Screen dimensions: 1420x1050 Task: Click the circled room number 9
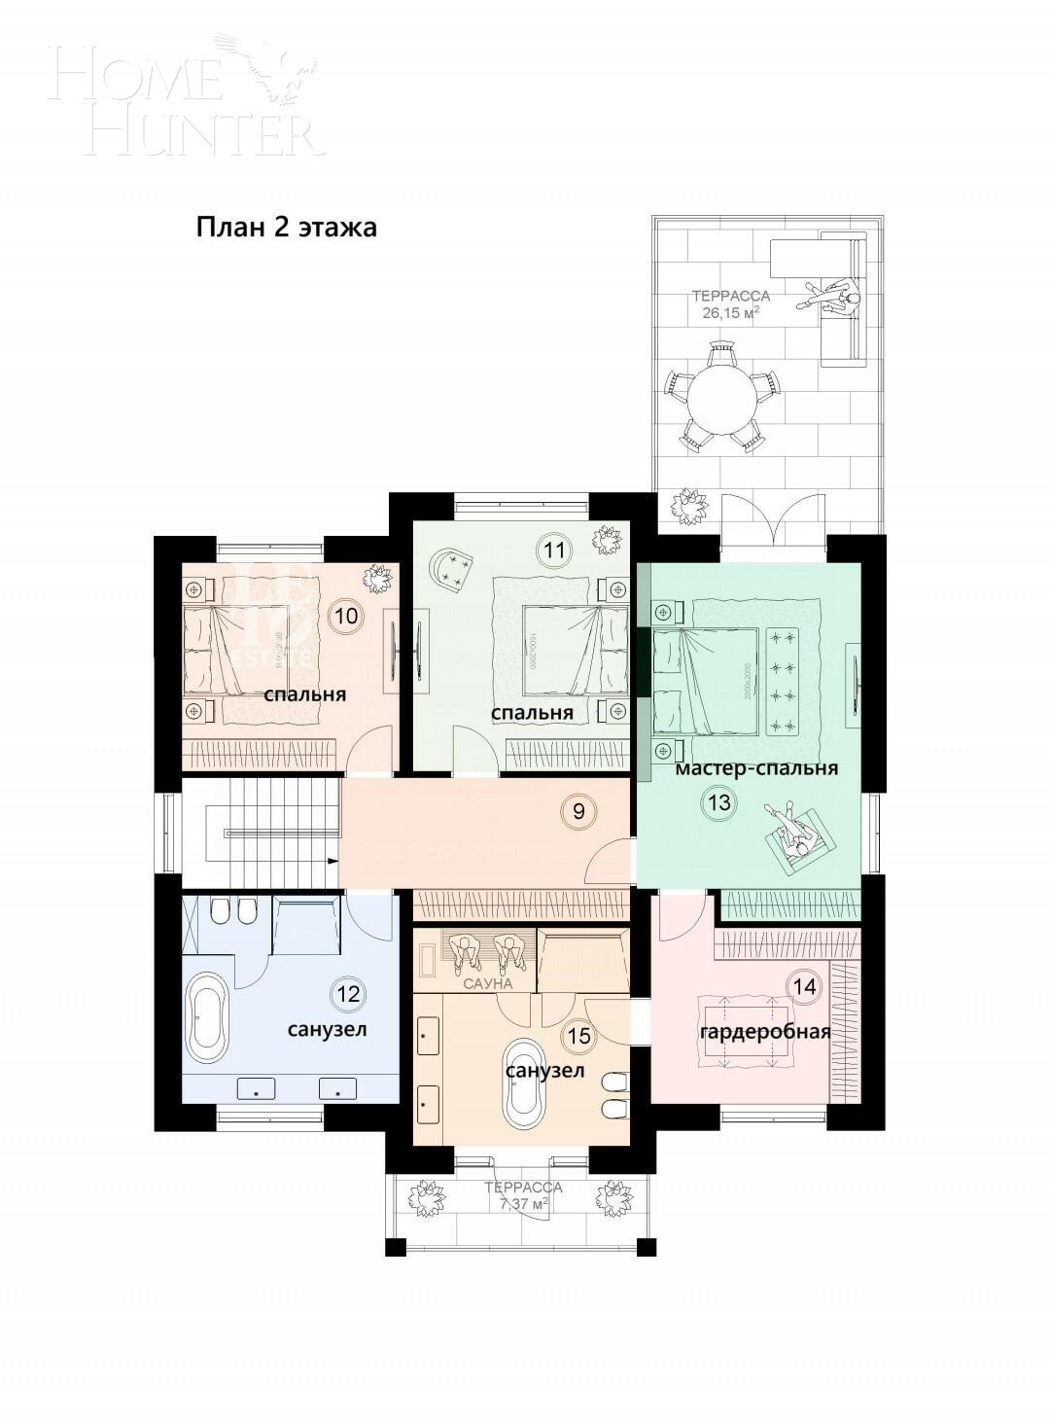(x=578, y=810)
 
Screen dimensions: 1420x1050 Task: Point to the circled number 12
(x=347, y=993)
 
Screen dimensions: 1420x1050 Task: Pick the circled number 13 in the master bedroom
(x=719, y=803)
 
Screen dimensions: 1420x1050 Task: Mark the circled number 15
(x=578, y=1037)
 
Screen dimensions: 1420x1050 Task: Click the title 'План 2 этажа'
(x=286, y=228)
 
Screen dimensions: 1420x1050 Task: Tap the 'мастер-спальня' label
(x=756, y=768)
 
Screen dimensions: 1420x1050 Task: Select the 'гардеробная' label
(x=764, y=1032)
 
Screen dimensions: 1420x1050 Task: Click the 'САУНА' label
(x=487, y=984)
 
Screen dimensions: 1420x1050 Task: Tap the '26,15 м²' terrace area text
(x=730, y=313)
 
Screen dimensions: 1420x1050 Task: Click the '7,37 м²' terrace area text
(x=524, y=1204)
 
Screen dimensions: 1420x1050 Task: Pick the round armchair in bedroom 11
(x=452, y=568)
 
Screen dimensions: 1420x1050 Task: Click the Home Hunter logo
(x=185, y=94)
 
